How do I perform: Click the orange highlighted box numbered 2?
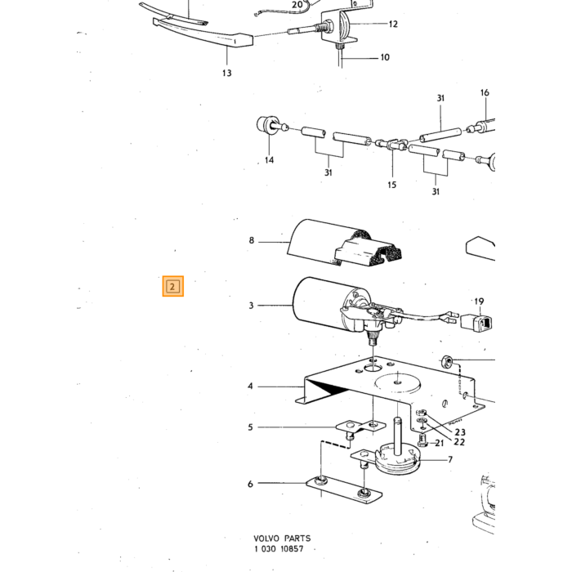tap(173, 286)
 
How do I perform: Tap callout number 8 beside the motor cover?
tap(252, 240)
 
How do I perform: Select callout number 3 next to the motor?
tap(251, 306)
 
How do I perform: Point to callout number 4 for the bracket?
tap(250, 386)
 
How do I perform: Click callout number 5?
tap(250, 427)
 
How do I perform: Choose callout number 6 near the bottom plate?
tap(250, 484)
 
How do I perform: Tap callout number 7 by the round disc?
tap(450, 459)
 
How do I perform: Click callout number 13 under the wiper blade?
tap(227, 73)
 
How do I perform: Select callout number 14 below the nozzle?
tap(269, 160)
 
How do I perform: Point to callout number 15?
tap(391, 185)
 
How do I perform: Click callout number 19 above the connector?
tap(479, 302)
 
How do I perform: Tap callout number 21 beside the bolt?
tap(440, 443)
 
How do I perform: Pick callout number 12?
tap(393, 24)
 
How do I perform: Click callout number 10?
tap(385, 57)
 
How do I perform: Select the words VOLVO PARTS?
tap(283, 538)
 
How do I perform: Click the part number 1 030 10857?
tap(279, 548)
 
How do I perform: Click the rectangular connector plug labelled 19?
tap(476, 322)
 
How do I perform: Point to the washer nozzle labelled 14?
tap(270, 125)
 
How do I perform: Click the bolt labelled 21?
tap(422, 440)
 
